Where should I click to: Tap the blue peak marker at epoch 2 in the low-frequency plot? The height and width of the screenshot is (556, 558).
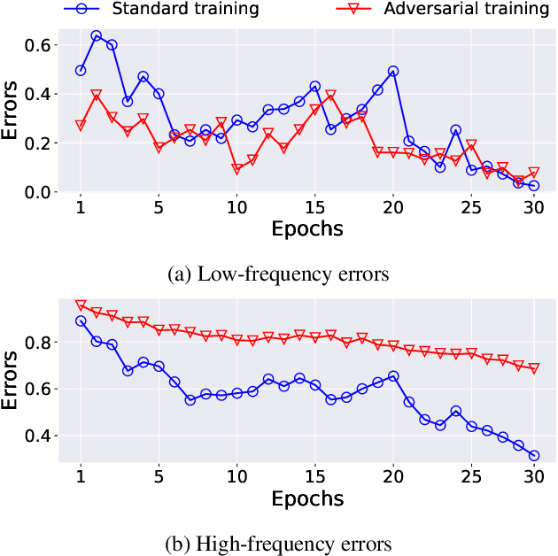[x=96, y=36]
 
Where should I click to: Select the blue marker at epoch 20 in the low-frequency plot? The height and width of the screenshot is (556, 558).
[x=393, y=71]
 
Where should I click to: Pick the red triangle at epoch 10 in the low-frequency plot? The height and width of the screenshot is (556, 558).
[x=236, y=169]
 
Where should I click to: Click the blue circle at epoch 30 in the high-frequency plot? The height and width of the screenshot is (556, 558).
[x=534, y=456]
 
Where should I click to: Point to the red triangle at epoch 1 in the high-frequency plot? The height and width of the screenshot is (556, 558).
[x=81, y=305]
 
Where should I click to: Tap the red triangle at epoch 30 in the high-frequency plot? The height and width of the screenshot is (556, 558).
[x=534, y=368]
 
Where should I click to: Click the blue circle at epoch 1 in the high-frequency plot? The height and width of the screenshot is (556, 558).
[x=81, y=321]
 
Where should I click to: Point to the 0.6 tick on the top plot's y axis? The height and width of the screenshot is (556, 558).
[x=43, y=45]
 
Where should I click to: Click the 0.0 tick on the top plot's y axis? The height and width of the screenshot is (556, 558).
[x=43, y=192]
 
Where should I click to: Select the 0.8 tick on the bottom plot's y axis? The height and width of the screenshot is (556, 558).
[x=43, y=343]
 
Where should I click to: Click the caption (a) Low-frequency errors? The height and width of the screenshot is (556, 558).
[x=278, y=275]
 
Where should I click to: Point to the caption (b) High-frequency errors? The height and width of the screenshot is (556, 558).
[x=278, y=544]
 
